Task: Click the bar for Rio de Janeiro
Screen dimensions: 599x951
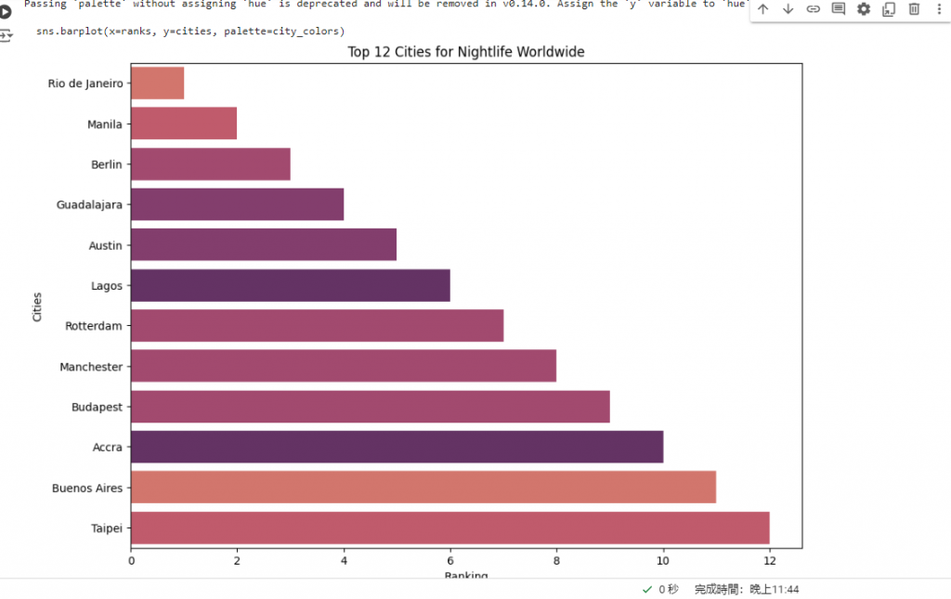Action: click(157, 84)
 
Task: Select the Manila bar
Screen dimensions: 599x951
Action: click(184, 124)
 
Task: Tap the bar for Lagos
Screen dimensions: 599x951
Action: click(290, 285)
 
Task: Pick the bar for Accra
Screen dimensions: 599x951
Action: click(397, 447)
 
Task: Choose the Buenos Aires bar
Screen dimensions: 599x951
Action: click(423, 488)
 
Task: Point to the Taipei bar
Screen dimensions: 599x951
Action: click(449, 527)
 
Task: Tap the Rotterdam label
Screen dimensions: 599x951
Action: click(94, 326)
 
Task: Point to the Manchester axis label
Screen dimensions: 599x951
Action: click(91, 367)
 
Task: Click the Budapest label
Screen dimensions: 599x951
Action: click(98, 407)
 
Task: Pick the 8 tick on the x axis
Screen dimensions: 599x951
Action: click(556, 560)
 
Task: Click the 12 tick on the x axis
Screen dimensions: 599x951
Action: click(769, 560)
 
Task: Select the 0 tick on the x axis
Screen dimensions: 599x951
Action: click(131, 560)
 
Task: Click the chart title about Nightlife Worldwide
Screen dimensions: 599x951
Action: click(466, 52)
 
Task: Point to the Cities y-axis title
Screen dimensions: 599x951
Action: click(37, 306)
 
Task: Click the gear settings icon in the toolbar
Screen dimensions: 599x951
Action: click(864, 9)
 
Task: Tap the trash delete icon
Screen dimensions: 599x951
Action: click(914, 9)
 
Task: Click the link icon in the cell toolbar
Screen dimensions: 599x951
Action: click(814, 9)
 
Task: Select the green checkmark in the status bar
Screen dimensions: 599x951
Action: click(646, 589)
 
